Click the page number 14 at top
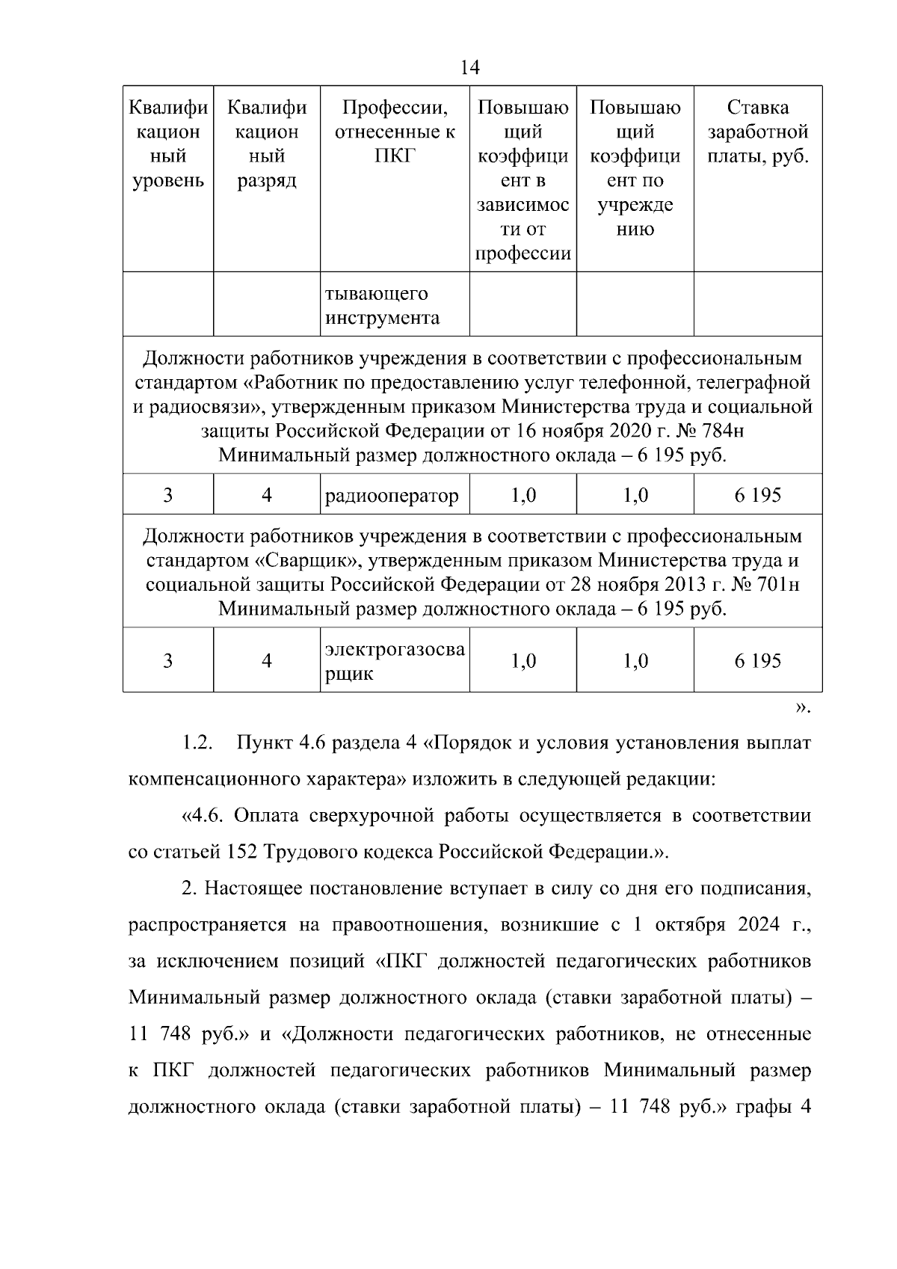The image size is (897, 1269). click(470, 68)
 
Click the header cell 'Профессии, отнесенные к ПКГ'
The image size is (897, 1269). click(395, 132)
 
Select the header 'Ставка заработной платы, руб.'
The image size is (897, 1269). click(758, 132)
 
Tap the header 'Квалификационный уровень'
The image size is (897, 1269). click(168, 144)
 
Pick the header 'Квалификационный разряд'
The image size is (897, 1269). click(267, 144)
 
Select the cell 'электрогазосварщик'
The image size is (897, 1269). click(395, 661)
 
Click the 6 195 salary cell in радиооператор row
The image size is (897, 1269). click(757, 495)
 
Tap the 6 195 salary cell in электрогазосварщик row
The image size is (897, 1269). click(757, 661)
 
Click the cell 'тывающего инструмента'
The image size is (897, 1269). click(381, 306)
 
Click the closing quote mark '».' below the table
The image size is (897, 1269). click(802, 707)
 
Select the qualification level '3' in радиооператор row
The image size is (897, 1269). click(168, 495)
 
